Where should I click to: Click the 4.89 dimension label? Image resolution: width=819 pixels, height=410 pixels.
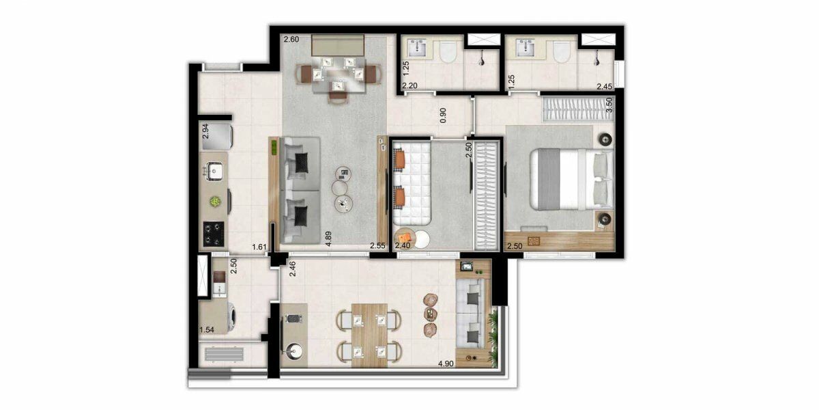pos(328,238)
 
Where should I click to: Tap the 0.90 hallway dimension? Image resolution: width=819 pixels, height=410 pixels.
pos(443,115)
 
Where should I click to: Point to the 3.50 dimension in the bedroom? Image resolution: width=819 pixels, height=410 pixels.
pos(609,105)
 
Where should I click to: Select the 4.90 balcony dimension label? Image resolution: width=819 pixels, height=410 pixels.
pos(446,364)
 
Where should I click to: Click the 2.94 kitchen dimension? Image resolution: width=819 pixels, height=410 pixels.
pos(205,131)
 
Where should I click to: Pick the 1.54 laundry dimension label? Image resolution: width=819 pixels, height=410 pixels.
pos(207,330)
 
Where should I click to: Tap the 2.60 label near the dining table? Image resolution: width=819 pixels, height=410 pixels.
pos(291,39)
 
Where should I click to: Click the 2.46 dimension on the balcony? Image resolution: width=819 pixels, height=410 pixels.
pos(293,269)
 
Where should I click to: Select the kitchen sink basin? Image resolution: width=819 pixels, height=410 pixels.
pos(213,172)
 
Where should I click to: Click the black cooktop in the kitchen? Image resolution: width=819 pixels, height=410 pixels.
pos(214,234)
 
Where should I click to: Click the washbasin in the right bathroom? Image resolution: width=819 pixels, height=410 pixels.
pos(526,49)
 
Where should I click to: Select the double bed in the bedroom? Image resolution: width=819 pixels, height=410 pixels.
pos(572,179)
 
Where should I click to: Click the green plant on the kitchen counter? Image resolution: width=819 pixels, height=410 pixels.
pos(215,202)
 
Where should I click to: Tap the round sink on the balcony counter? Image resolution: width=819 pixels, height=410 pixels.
pos(294,350)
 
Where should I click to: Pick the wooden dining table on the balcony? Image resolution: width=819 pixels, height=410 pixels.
pos(369,336)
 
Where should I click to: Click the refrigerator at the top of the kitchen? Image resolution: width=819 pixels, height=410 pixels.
pos(216,137)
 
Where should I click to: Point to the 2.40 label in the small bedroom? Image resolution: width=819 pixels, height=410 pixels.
pos(403,245)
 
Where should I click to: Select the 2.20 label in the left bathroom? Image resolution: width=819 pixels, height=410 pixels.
pos(410,86)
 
